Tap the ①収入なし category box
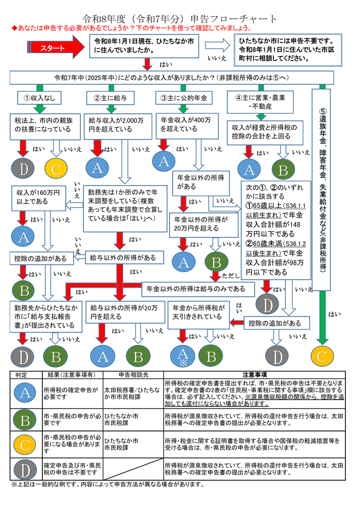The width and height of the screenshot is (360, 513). [x=39, y=98]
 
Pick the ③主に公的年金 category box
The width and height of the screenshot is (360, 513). [x=182, y=98]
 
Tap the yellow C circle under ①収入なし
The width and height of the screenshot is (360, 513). [x=56, y=168]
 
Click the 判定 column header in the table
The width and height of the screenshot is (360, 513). [x=21, y=375]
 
